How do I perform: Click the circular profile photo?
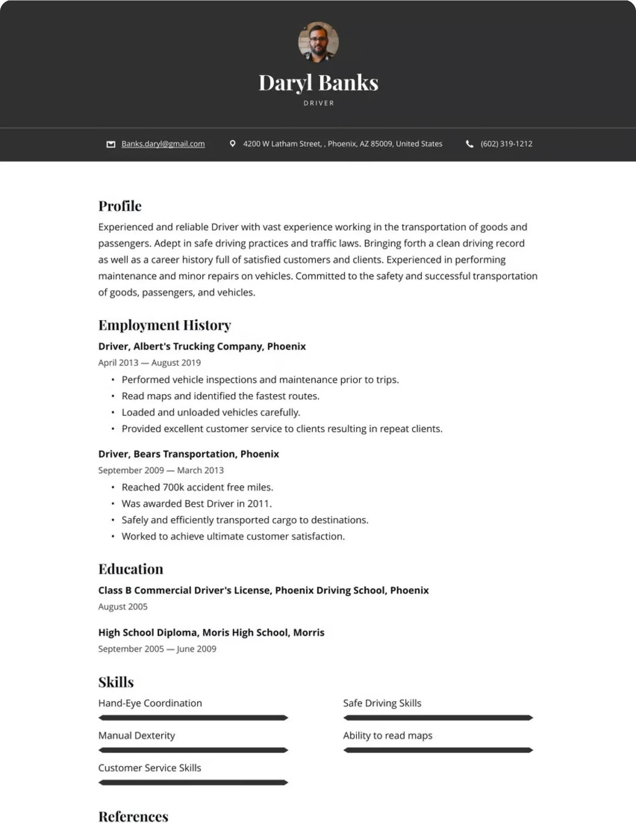[318, 41]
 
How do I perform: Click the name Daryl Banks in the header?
[318, 83]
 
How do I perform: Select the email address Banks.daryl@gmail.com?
[163, 144]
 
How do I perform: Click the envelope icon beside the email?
[111, 144]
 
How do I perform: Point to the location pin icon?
[233, 144]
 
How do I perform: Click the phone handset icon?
[470, 144]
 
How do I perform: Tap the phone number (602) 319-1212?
[506, 144]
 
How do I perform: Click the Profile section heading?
[120, 206]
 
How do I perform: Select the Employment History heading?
[165, 325]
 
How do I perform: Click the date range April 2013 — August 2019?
[149, 363]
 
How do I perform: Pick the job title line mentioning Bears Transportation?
[188, 454]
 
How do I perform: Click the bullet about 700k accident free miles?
[197, 487]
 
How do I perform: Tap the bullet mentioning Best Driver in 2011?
[197, 503]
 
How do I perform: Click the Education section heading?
[131, 569]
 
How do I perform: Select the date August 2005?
[123, 607]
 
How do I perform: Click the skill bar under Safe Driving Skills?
[438, 718]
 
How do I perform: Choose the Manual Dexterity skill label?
[137, 736]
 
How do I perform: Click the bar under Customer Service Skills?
[193, 783]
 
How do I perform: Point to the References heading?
[133, 816]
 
